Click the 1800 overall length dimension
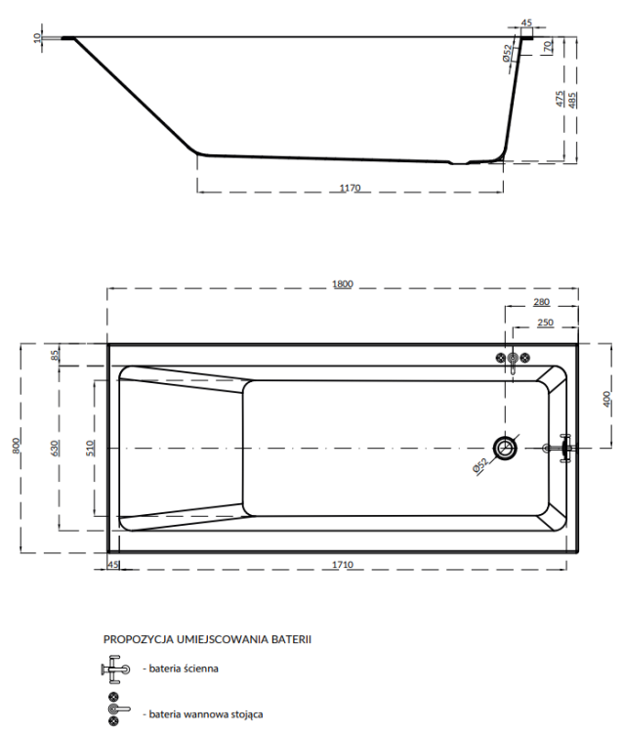click(x=342, y=283)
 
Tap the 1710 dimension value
click(x=342, y=566)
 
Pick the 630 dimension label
click(x=56, y=447)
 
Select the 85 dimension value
click(x=56, y=355)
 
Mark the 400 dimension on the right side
click(x=606, y=397)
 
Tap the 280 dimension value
click(x=542, y=302)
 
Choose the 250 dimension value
click(x=546, y=323)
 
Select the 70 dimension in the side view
click(x=549, y=46)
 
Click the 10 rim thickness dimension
click(x=37, y=38)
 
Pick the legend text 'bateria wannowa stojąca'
click(x=203, y=714)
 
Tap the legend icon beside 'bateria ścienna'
click(x=115, y=669)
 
